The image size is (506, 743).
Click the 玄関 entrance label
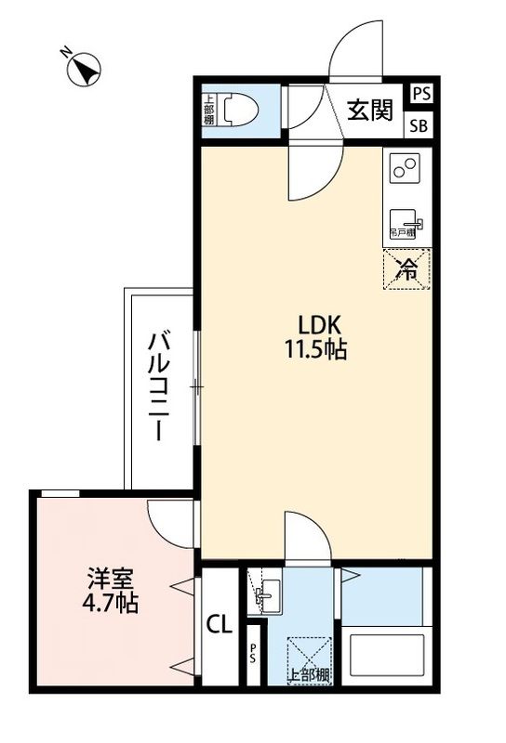pyautogui.click(x=370, y=112)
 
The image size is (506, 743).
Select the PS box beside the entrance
pyautogui.click(x=421, y=94)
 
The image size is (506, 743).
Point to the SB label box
pyautogui.click(x=421, y=127)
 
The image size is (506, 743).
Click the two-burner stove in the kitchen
pyautogui.click(x=406, y=170)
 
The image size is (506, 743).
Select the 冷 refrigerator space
pyautogui.click(x=407, y=268)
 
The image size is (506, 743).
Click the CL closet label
pyautogui.click(x=218, y=624)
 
